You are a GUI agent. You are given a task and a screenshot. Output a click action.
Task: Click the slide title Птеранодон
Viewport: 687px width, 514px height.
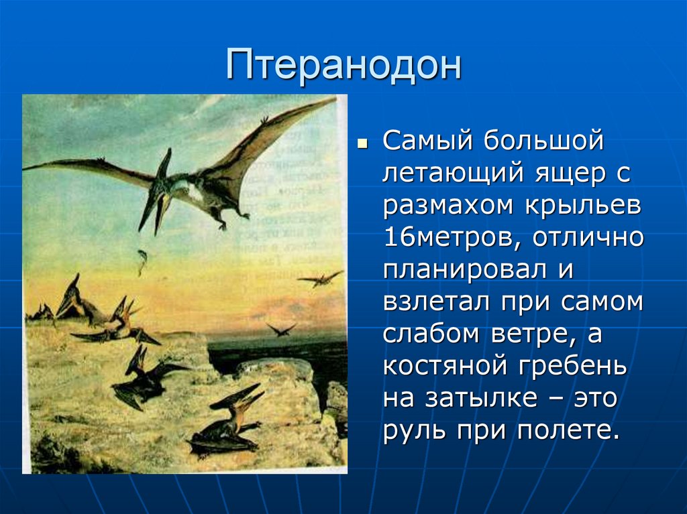point(343,66)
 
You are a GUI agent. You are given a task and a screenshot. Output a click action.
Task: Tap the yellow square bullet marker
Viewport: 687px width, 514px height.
point(362,143)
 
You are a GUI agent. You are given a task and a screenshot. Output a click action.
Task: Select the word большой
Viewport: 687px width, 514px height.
point(543,140)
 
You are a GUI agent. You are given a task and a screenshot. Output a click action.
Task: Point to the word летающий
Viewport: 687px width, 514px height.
point(453,174)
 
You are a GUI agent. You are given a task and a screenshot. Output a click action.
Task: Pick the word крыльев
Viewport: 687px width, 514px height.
point(583,206)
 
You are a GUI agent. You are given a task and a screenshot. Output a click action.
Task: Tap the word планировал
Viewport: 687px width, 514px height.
point(465,269)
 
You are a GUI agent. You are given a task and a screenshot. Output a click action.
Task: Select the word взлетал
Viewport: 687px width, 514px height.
point(436,300)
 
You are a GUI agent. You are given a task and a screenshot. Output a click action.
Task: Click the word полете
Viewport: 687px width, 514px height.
point(569,430)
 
